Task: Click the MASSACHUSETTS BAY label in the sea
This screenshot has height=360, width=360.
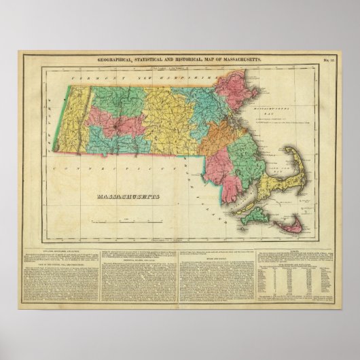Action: pos(274,109)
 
